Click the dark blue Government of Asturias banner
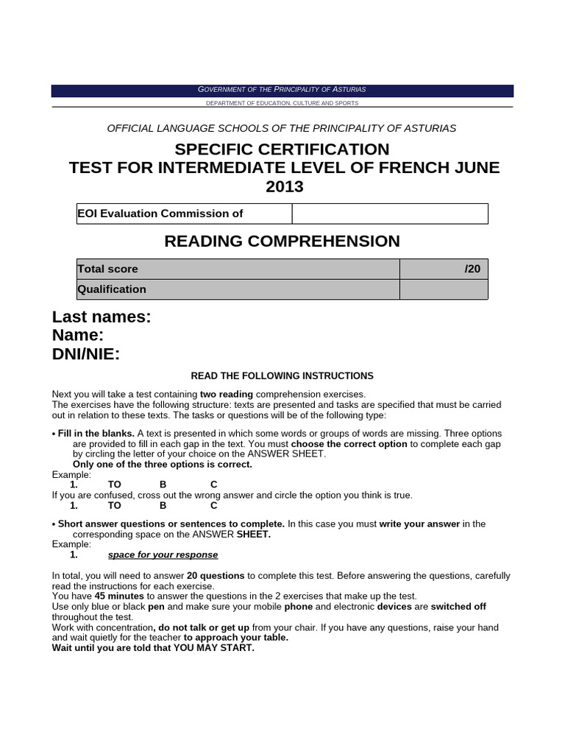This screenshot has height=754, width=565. point(282,90)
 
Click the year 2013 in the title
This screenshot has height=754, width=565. point(284,187)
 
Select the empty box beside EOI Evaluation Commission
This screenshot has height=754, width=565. point(390,214)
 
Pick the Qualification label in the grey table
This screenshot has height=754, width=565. point(113,289)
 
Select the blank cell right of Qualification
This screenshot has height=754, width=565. point(443,289)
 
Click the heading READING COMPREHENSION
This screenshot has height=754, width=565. point(282,242)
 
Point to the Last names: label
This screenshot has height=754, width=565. point(102,317)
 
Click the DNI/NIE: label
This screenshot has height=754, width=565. point(86,355)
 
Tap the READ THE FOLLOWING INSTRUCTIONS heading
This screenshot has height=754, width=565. point(282,376)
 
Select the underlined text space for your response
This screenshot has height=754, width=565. point(163,554)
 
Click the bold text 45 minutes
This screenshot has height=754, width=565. point(119,596)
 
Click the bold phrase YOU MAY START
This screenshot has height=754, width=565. point(213,648)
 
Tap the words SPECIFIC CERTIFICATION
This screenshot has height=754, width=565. point(282,149)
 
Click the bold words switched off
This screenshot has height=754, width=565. point(458,606)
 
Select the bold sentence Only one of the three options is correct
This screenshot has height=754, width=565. point(162,465)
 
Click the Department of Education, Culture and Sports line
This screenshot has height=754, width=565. point(282,104)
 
